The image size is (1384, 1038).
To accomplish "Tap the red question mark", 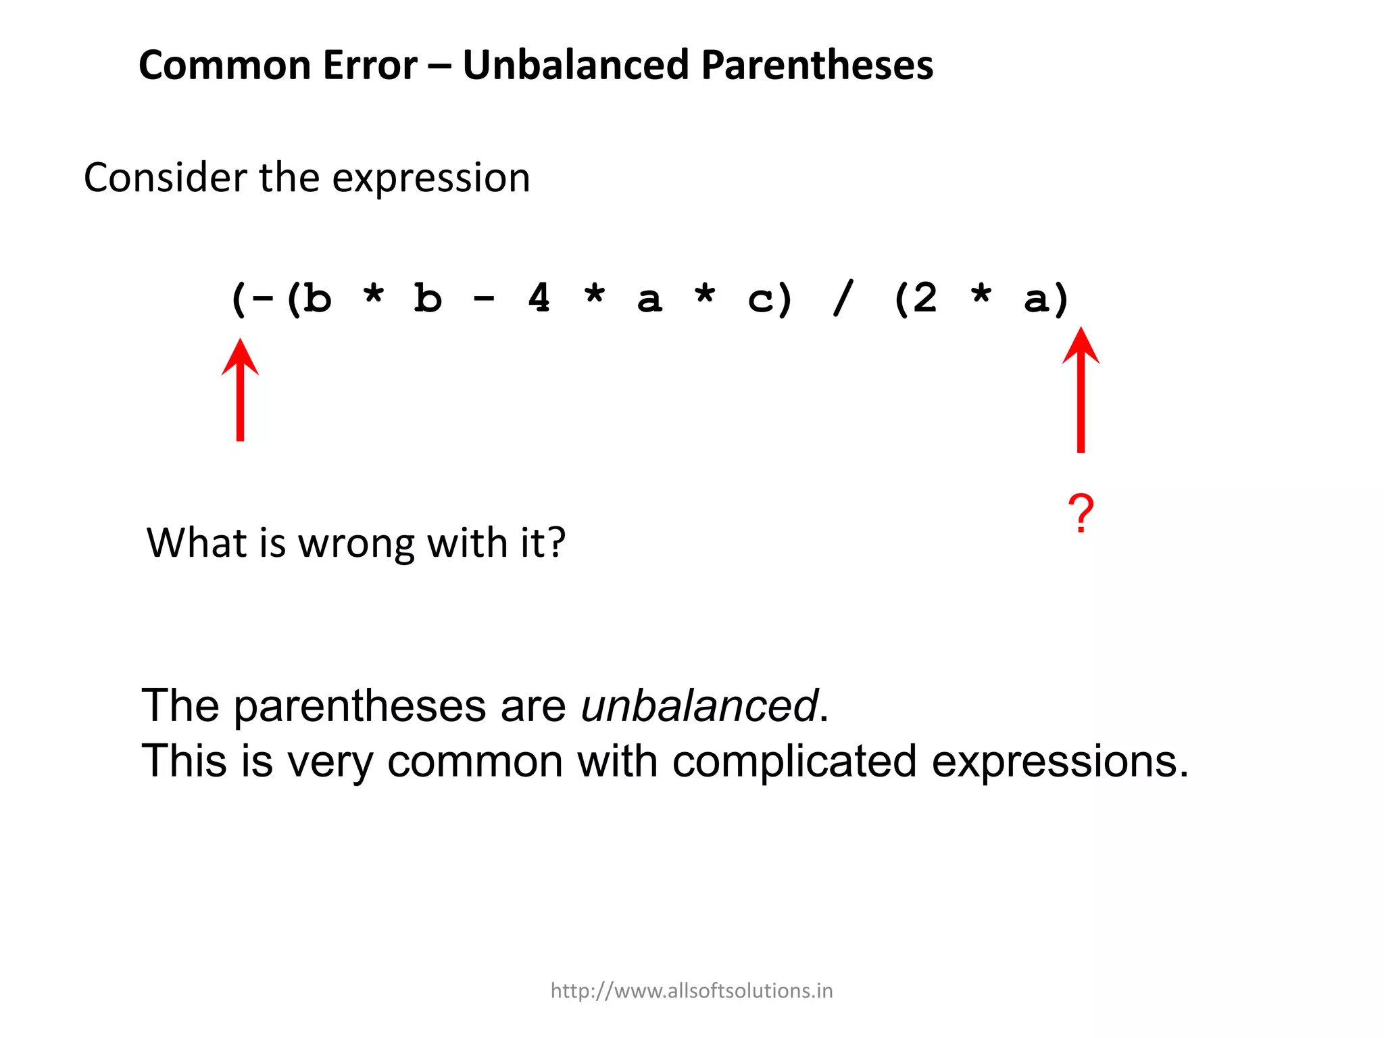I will click(1081, 514).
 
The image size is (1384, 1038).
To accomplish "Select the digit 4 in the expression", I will click(539, 298).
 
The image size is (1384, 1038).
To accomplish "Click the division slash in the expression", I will click(843, 298).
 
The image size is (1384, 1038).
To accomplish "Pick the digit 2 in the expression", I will click(924, 298).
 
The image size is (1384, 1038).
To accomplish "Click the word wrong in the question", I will click(356, 543).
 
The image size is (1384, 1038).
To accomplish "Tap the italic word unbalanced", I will click(699, 706).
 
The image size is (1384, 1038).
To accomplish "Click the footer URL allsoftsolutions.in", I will click(691, 991).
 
